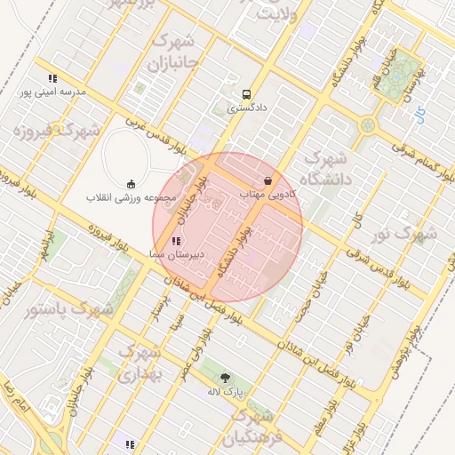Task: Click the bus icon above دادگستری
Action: [x=245, y=93]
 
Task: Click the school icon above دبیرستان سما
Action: [x=176, y=240]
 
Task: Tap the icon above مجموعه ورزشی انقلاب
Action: [x=132, y=183]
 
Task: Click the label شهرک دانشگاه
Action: [x=326, y=167]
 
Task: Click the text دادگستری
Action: [x=245, y=108]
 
